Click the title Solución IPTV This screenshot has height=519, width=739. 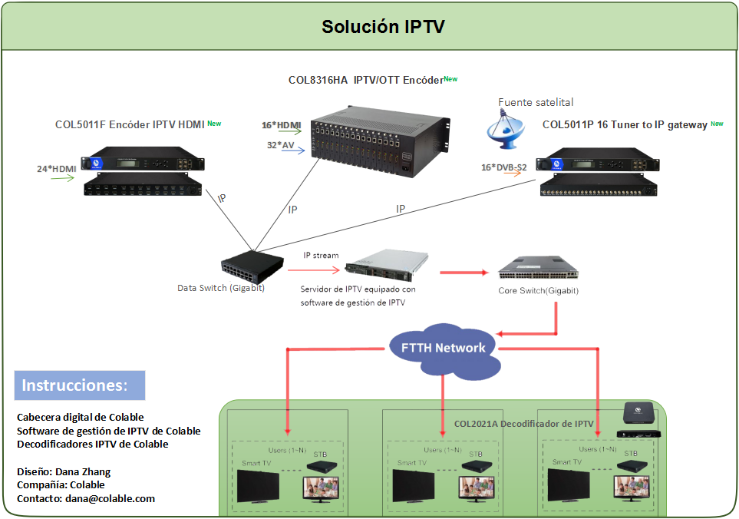(383, 27)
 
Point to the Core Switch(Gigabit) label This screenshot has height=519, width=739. (537, 291)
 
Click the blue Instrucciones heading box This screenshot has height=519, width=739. (80, 385)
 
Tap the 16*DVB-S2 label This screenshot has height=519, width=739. (502, 167)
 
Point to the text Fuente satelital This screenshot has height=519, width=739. (536, 102)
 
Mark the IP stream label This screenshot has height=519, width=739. (321, 256)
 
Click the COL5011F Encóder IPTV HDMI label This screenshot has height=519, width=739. (127, 124)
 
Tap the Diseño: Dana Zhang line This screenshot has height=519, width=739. (64, 471)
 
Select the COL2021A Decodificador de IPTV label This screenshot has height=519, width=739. (523, 423)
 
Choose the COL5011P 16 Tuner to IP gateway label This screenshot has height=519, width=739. (625, 124)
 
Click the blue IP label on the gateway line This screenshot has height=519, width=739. (401, 209)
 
